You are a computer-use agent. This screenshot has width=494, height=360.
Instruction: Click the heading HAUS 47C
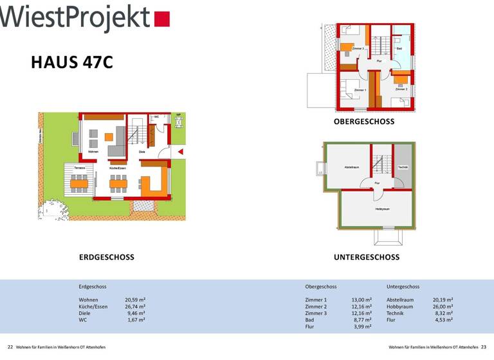72,62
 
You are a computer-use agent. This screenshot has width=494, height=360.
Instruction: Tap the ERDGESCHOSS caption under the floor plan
107,257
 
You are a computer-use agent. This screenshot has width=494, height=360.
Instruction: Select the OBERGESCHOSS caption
364,122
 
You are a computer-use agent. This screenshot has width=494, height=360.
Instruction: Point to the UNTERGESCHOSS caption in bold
367,257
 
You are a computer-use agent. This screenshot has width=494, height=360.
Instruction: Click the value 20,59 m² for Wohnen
135,300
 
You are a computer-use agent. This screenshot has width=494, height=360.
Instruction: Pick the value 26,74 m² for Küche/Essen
135,307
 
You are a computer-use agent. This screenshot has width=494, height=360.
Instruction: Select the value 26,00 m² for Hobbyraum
443,307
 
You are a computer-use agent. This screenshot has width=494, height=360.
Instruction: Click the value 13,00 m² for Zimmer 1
361,300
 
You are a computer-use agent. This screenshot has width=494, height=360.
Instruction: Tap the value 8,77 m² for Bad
363,319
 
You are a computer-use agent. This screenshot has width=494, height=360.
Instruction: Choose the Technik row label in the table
396,313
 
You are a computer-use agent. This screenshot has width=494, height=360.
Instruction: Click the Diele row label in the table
85,313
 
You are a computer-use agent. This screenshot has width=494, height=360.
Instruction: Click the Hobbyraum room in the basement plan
383,210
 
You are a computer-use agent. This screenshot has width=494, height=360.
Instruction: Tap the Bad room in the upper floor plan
399,49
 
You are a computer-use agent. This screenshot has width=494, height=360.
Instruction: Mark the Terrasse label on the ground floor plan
80,168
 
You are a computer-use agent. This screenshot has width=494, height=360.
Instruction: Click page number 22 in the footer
10,347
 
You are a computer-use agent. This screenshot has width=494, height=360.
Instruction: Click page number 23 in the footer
484,347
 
